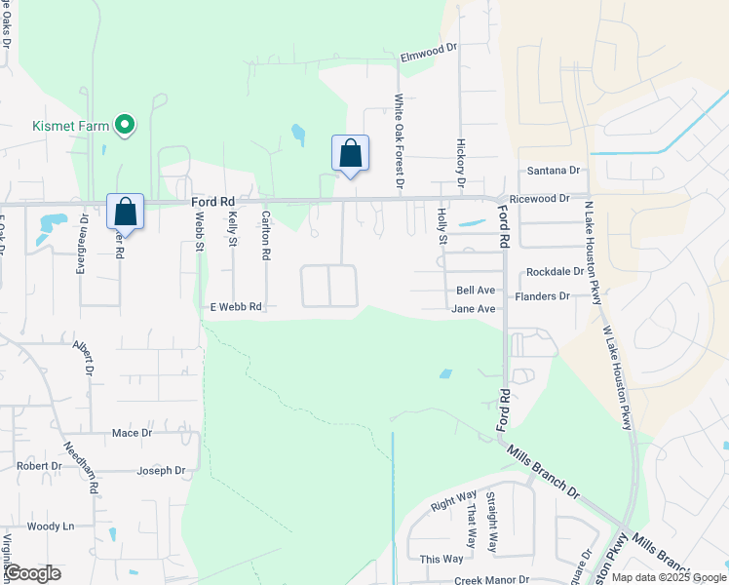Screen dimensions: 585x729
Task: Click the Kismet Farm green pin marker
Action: (x=124, y=125)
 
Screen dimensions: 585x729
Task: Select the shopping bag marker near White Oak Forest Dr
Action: (x=351, y=154)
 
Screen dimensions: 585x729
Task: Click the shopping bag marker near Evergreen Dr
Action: (x=125, y=212)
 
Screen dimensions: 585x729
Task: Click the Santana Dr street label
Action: (x=553, y=171)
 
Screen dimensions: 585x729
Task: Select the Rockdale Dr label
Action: (x=554, y=272)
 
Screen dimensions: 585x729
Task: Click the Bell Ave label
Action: (x=476, y=291)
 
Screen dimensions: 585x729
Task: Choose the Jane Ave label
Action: (x=474, y=309)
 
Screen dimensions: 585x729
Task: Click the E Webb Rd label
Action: (x=237, y=307)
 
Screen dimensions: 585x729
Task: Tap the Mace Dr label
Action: (x=133, y=433)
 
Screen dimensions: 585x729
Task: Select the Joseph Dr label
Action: (x=161, y=471)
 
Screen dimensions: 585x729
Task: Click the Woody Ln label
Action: (x=51, y=526)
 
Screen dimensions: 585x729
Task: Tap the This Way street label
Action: (x=441, y=560)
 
